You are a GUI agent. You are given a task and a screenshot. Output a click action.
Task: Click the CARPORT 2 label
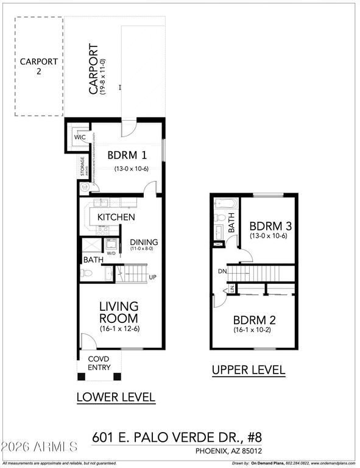tap(38, 66)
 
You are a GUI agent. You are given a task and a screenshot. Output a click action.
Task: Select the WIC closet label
tap(80, 138)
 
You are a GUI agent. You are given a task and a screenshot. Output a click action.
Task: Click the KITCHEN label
tap(116, 217)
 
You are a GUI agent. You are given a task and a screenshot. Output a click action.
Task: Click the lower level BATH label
tap(93, 260)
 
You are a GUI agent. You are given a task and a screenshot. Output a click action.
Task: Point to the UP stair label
tap(154, 277)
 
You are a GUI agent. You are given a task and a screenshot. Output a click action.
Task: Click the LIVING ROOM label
tap(119, 311)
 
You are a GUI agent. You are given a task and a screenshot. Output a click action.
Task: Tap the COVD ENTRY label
tap(99, 363)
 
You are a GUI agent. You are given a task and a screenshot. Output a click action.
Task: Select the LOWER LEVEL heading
tap(116, 398)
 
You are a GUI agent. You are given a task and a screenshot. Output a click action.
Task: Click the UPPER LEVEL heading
tap(248, 370)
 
